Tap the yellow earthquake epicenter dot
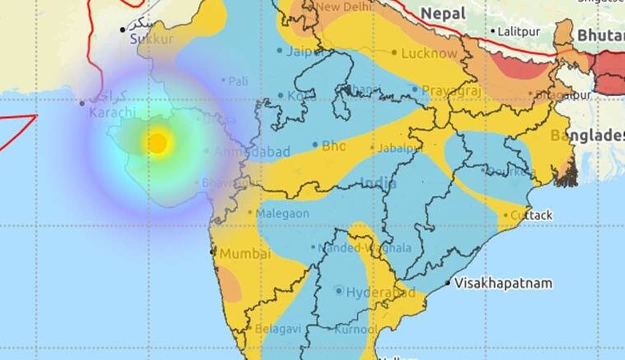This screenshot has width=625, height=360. [158, 143]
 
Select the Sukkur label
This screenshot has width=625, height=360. [152, 39]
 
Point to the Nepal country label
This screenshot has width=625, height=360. [443, 14]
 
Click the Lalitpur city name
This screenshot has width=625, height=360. [519, 32]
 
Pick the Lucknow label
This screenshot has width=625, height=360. [429, 53]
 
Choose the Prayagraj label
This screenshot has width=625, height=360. [451, 91]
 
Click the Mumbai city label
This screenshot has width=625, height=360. [245, 253]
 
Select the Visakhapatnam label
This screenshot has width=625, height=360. [503, 283]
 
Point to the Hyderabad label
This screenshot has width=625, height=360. [380, 292]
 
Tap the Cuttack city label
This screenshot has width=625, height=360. [531, 215]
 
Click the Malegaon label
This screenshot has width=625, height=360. [282, 214]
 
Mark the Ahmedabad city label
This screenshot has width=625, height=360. [252, 152]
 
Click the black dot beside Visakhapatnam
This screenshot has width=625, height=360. [448, 283]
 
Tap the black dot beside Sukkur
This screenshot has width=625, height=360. [122, 30]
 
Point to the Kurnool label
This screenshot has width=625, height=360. [356, 329]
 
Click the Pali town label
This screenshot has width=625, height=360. [238, 81]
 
